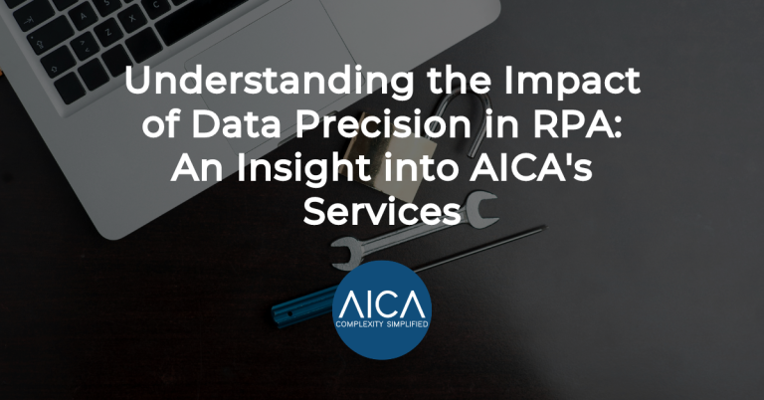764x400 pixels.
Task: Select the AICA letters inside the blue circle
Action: coord(381,298)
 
